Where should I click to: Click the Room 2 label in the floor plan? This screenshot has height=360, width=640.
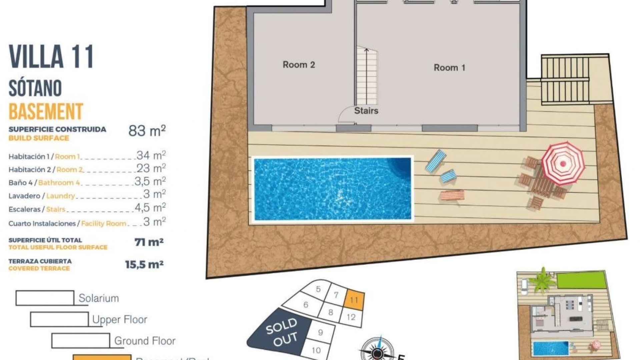click(299, 65)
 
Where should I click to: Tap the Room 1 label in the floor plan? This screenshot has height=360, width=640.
click(449, 68)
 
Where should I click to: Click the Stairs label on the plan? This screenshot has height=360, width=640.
click(366, 111)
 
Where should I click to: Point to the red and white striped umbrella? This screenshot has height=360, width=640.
click(563, 163)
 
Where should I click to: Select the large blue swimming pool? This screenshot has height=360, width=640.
click(332, 189)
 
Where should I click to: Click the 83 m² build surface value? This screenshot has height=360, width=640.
click(147, 131)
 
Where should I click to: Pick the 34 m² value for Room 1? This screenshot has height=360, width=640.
click(151, 155)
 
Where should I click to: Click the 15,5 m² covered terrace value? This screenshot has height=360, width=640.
click(144, 265)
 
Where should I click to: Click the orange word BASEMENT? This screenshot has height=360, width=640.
click(46, 112)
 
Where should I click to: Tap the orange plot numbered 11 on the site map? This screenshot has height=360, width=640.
click(354, 300)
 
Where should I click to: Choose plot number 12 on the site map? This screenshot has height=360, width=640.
click(351, 317)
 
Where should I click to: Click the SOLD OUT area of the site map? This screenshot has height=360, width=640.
click(281, 332)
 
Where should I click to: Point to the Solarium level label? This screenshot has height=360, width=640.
click(99, 298)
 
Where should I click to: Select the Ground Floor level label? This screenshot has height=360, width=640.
click(145, 341)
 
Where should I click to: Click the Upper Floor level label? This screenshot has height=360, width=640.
click(120, 319)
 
